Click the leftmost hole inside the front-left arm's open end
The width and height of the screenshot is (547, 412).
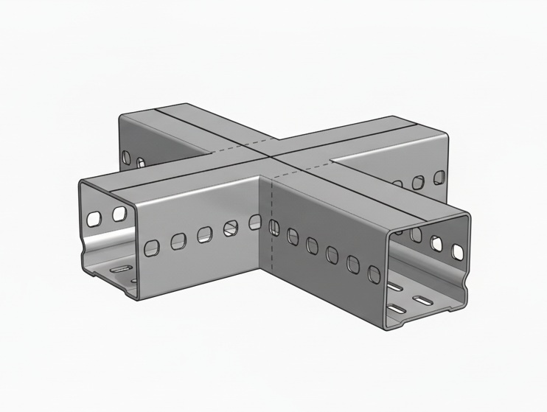(94, 219)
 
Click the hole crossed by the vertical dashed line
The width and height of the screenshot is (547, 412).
(273, 226)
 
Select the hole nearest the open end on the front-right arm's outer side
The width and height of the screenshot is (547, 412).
(372, 272)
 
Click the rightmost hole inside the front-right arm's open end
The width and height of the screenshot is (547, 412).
(459, 251)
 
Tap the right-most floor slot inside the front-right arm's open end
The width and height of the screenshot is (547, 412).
(425, 301)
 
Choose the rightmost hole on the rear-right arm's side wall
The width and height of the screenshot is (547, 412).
(439, 176)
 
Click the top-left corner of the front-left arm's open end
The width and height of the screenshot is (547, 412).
(78, 179)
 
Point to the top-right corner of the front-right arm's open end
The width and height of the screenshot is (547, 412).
(469, 214)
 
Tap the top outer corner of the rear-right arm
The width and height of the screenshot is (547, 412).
(447, 134)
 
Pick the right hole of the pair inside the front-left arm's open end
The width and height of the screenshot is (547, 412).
(118, 214)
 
